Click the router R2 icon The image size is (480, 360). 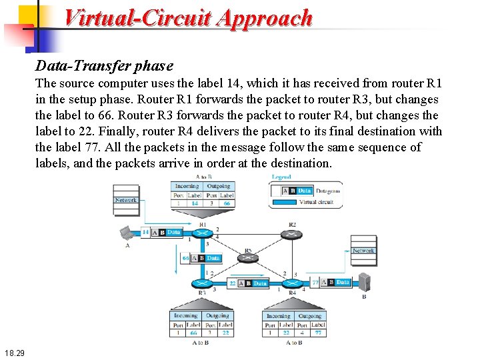coord(291,235)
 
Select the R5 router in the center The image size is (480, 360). coord(248,259)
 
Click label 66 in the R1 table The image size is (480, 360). coord(227,203)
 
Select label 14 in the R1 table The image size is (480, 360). coord(195,203)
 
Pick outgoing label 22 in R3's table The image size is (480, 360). coord(226,333)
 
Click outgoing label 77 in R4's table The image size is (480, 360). coord(319,333)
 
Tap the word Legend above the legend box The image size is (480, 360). coord(281,177)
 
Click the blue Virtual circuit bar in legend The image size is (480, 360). coord(283,201)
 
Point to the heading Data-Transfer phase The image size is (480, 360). coord(104,66)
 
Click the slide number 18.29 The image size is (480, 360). coord(13,352)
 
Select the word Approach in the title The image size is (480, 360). coord(264,18)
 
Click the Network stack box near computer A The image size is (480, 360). coord(126,201)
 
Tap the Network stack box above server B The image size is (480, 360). coord(363,251)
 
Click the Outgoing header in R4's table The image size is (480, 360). coord(310,316)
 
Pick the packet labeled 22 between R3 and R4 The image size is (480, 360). coord(249,283)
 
